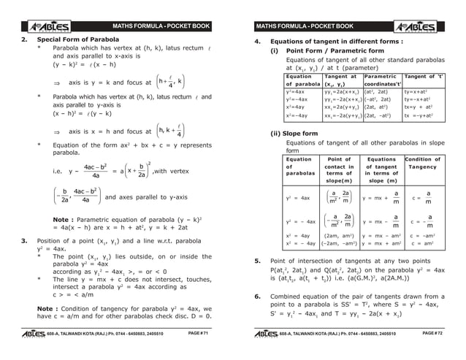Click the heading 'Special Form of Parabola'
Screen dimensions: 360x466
(78, 39)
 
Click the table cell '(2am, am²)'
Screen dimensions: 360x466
(340, 236)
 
